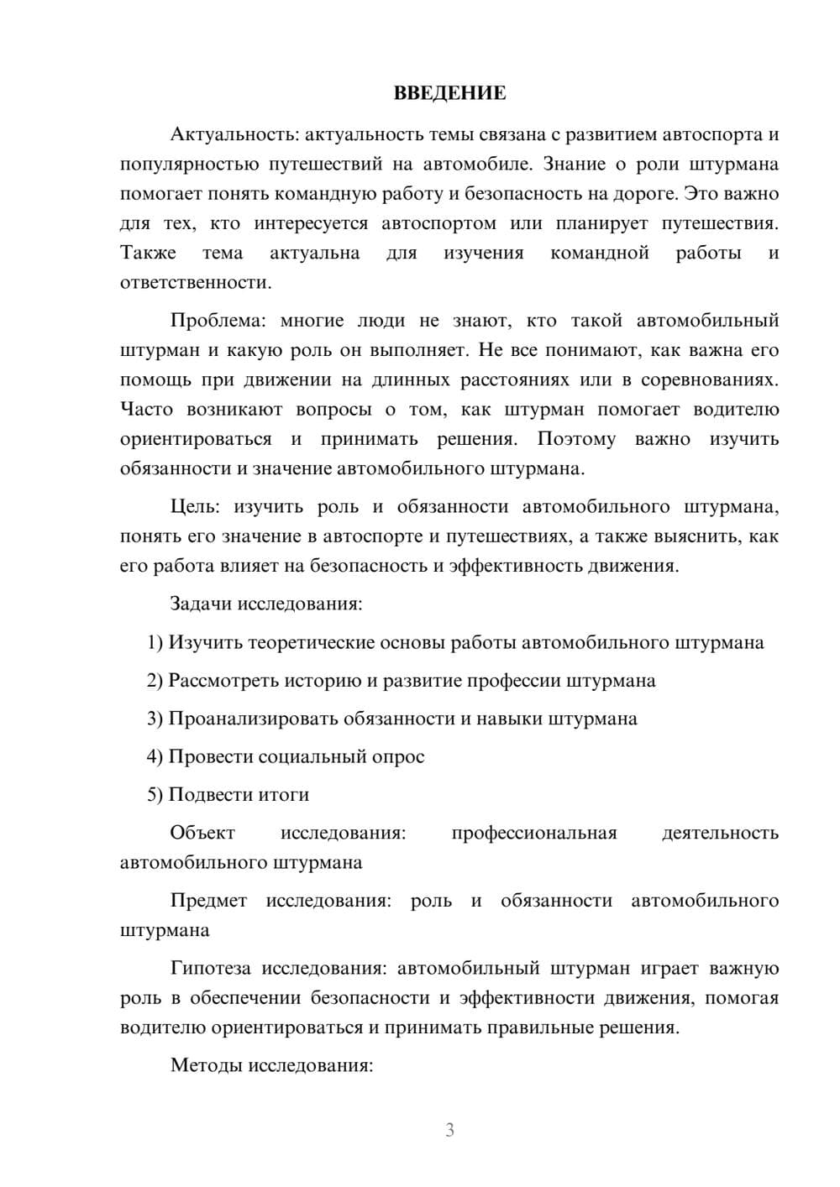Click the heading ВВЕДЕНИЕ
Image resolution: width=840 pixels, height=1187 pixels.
(449, 93)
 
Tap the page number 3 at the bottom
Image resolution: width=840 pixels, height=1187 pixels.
(449, 1130)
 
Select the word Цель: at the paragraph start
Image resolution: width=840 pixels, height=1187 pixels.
(195, 506)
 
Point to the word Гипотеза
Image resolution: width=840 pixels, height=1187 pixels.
(210, 969)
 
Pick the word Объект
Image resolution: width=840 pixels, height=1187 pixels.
(202, 833)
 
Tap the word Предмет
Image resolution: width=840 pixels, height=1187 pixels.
(208, 901)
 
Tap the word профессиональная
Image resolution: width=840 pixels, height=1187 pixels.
(533, 833)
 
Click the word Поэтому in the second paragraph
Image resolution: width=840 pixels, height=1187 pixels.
(575, 439)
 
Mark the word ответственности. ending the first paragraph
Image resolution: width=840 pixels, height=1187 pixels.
(196, 283)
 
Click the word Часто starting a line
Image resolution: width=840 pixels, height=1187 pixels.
(147, 410)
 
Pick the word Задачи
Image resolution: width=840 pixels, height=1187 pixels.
(202, 604)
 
